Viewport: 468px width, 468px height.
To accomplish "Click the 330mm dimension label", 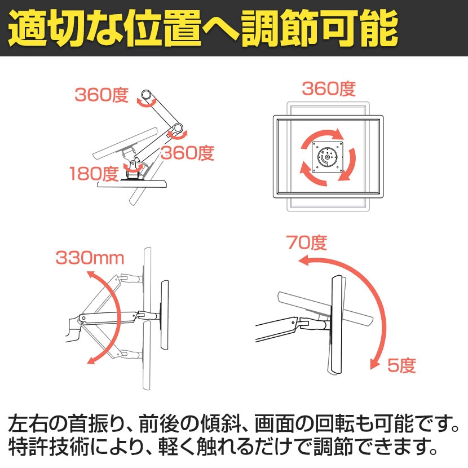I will [90, 258].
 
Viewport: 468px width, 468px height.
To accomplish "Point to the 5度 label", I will [401, 365].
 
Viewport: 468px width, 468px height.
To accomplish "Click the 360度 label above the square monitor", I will [328, 89].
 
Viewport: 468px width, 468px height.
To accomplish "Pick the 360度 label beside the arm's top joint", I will [102, 95].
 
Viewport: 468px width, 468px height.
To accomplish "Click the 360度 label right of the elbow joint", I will [188, 152].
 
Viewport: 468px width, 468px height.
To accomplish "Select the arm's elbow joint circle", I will [179, 127].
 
